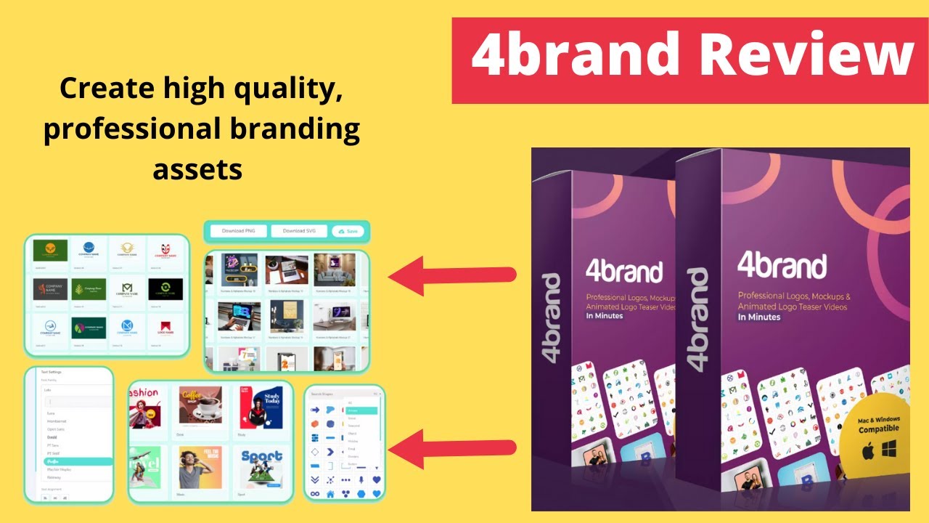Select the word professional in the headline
pyautogui.click(x=129, y=129)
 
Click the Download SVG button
pyautogui.click(x=298, y=231)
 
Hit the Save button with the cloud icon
pyautogui.click(x=348, y=231)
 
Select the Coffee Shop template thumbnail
pyautogui.click(x=200, y=404)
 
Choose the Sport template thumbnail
pyautogui.click(x=262, y=469)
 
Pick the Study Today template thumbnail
pyautogui.click(x=262, y=404)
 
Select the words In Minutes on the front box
pyautogui.click(x=759, y=317)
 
